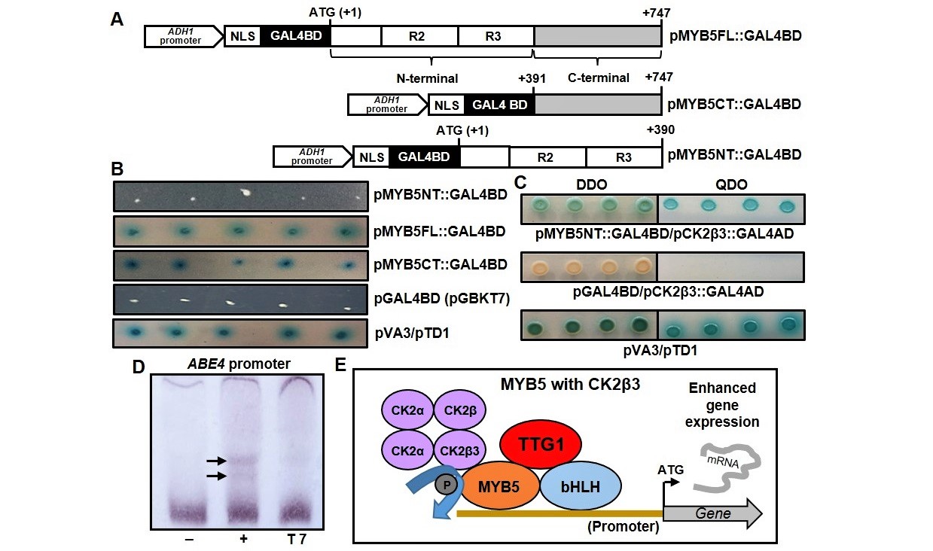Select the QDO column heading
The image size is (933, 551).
(x=730, y=184)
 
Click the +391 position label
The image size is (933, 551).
(x=533, y=78)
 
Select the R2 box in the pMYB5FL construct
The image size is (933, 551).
(x=419, y=35)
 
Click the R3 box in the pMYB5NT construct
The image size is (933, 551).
(x=624, y=157)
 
